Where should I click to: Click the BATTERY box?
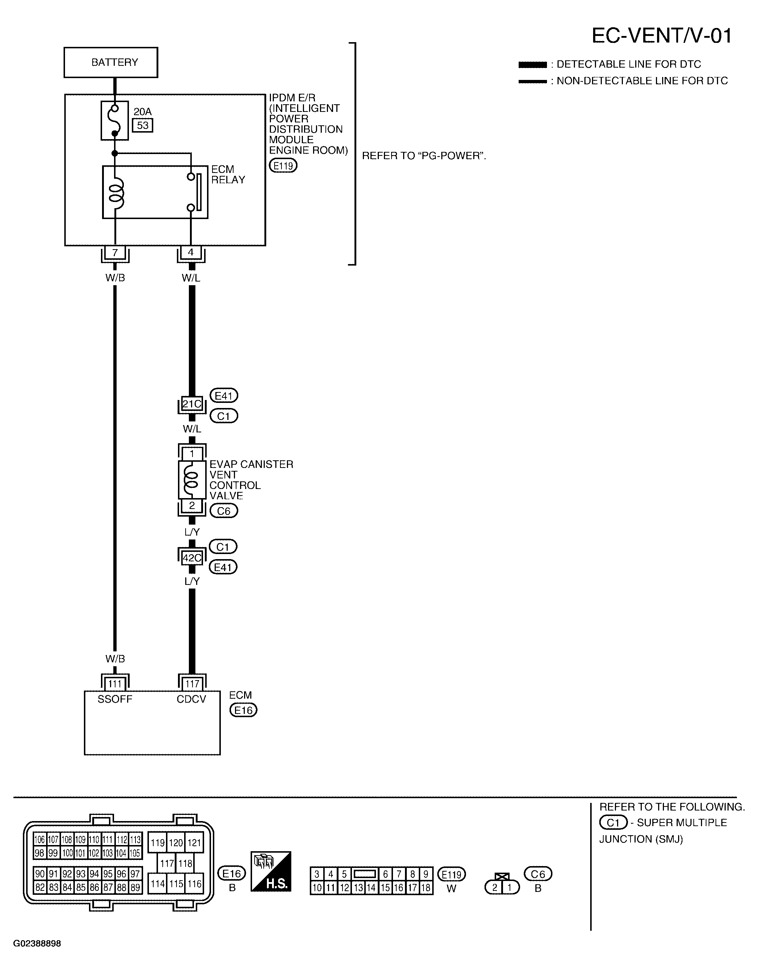110,62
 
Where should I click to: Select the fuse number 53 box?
143,125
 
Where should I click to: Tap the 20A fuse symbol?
115,120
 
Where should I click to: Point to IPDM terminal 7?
115,252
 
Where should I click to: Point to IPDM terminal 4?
191,252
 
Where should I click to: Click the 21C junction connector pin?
192,404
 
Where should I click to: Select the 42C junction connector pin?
192,557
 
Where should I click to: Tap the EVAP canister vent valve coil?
192,480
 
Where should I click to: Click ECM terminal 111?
115,683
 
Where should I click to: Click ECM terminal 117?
192,683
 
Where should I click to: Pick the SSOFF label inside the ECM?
115,699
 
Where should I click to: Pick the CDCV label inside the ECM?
191,699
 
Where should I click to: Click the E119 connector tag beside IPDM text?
283,166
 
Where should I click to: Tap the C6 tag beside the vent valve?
224,511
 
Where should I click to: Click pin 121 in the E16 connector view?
194,843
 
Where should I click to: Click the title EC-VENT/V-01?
662,36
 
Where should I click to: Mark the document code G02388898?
37,944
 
